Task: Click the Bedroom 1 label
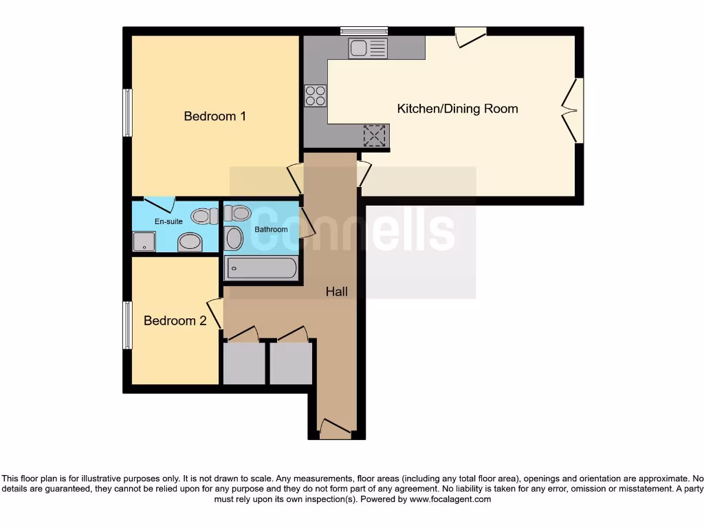tap(214, 116)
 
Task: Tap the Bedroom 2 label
tap(175, 320)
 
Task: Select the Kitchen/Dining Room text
tap(457, 109)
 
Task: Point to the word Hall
tap(336, 291)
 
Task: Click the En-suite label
tap(168, 221)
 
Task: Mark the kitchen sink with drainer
tap(368, 48)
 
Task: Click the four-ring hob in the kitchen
tap(316, 95)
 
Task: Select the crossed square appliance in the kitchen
tap(375, 135)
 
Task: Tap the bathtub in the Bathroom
tap(261, 268)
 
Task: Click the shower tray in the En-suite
tap(144, 241)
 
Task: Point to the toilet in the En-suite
tap(204, 216)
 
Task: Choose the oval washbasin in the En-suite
tap(189, 243)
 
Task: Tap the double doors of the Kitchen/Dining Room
tap(570, 110)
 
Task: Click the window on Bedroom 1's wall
tap(127, 113)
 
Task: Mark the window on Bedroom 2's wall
tap(127, 324)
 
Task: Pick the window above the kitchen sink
tap(364, 30)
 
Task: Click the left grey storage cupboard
tap(244, 363)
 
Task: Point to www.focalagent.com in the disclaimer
tap(450, 500)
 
